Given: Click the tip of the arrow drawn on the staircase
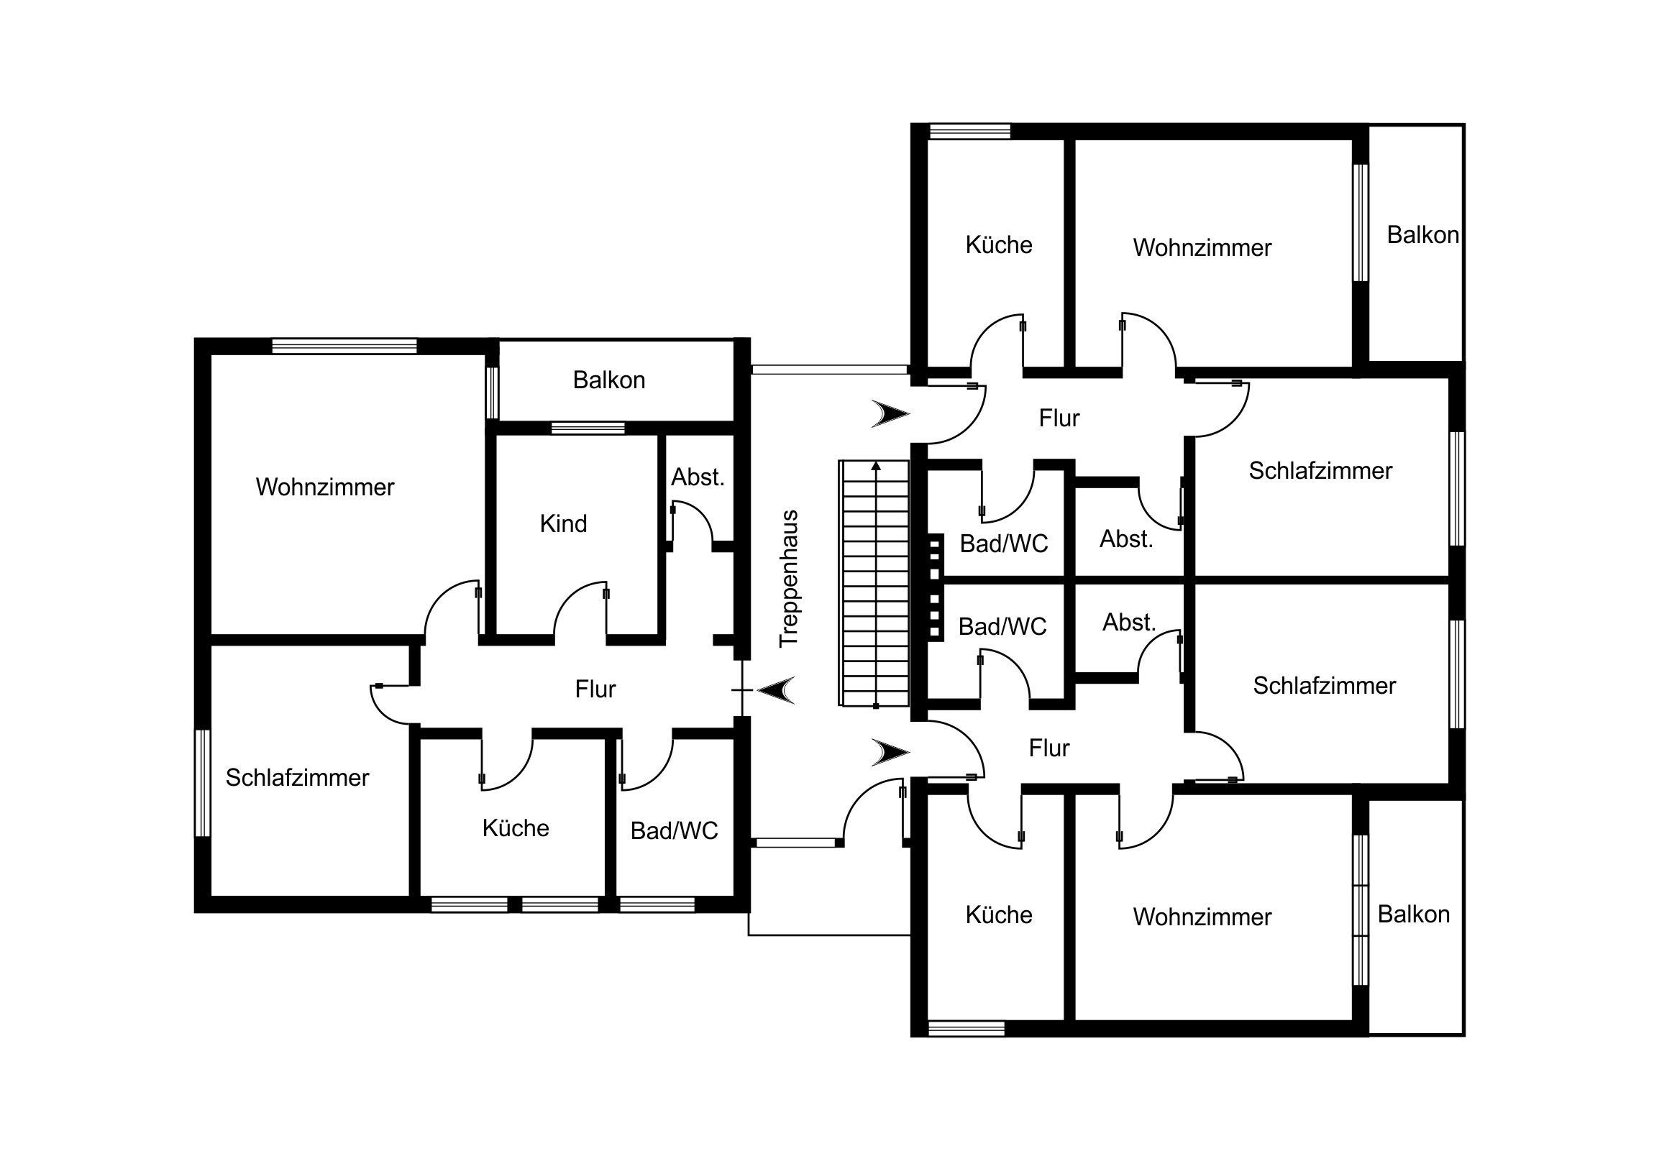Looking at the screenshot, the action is coord(876,462).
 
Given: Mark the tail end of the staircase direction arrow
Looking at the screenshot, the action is coord(876,707).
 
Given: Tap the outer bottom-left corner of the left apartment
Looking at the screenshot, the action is coord(194,913).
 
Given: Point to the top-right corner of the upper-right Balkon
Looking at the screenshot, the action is coord(1465,124).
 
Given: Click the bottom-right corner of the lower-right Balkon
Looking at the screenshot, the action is coord(1465,1037).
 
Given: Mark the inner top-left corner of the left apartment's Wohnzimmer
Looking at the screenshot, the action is coord(211,354).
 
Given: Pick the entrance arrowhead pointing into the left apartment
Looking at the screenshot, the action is coord(776,690).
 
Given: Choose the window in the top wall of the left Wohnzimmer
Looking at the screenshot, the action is coord(344,346).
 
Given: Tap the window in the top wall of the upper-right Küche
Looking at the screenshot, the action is coord(969,131).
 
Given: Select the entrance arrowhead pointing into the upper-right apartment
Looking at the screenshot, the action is coord(891,414).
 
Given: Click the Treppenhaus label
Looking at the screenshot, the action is coord(789,578).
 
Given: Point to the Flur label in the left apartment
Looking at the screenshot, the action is coord(595,689).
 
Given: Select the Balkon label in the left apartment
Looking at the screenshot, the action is coord(608,380).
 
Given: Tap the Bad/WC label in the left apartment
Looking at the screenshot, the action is coord(675,831).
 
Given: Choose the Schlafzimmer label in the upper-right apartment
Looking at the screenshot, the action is coord(1320,470).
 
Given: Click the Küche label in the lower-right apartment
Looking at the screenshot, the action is coord(998,914).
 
